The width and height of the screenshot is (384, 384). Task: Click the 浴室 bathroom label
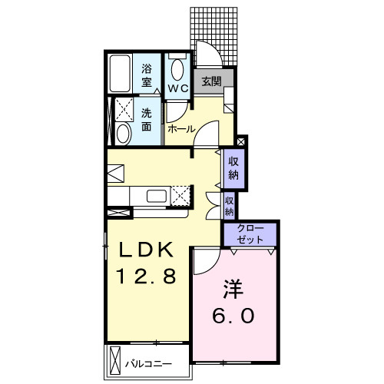click(147, 76)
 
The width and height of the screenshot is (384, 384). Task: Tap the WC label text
click(178, 88)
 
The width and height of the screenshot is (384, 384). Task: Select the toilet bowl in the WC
click(177, 70)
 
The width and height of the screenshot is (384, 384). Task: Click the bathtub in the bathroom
click(120, 74)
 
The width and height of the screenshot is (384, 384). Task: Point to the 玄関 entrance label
click(211, 81)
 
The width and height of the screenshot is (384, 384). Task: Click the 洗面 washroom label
click(147, 120)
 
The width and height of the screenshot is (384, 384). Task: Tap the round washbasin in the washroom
click(123, 134)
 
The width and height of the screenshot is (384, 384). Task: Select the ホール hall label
click(181, 129)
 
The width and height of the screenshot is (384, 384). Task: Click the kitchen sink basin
click(157, 197)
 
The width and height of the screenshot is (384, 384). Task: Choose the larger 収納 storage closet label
click(233, 168)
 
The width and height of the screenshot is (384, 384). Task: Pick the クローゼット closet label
click(250, 234)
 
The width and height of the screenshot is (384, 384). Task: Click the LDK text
click(146, 250)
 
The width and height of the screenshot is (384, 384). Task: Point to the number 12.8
click(146, 276)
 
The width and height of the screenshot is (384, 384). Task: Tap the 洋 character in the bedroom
click(233, 289)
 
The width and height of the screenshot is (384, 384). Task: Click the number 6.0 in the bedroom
click(233, 316)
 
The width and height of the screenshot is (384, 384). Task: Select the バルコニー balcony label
click(148, 364)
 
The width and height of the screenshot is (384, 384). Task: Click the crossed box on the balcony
click(115, 360)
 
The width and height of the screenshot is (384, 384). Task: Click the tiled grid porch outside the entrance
click(214, 36)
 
